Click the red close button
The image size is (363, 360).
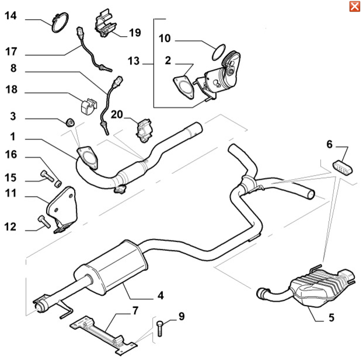pyautogui.click(x=354, y=6)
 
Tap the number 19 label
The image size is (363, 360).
pyautogui.click(x=135, y=33)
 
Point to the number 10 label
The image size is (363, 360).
pyautogui.click(x=165, y=39)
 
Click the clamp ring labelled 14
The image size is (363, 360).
pyautogui.click(x=58, y=24)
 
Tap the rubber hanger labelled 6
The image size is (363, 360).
pyautogui.click(x=341, y=167)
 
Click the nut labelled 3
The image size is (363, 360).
pyautogui.click(x=69, y=122)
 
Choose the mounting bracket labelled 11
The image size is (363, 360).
pyautogui.click(x=61, y=205)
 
